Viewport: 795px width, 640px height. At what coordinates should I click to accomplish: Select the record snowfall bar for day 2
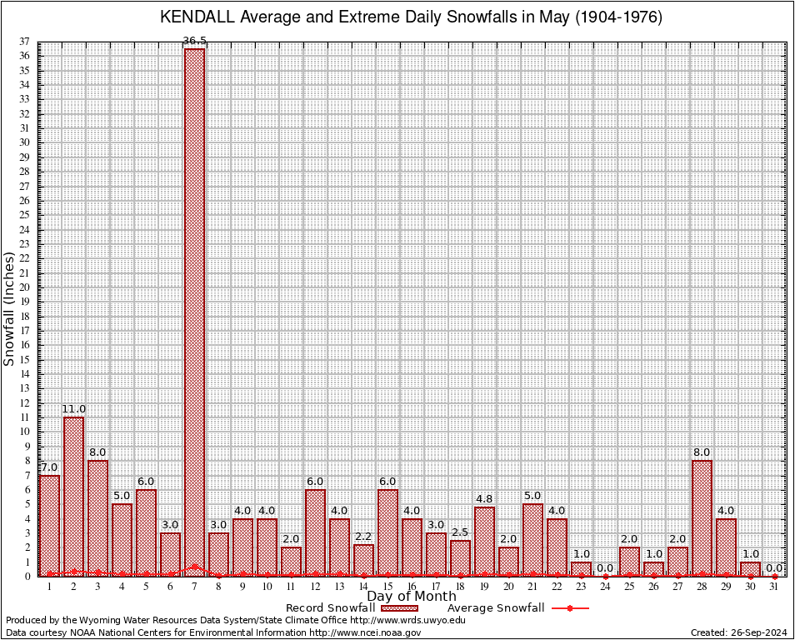click(x=73, y=496)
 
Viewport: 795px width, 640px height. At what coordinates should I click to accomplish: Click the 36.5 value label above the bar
click(x=194, y=41)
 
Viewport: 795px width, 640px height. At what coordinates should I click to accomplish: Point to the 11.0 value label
click(x=73, y=409)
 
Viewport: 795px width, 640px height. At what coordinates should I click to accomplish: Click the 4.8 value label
click(x=484, y=499)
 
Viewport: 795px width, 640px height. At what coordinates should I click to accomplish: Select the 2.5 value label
click(x=460, y=532)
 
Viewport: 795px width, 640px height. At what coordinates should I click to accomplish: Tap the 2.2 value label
click(x=363, y=537)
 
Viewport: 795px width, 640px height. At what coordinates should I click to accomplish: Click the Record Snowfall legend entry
click(x=349, y=607)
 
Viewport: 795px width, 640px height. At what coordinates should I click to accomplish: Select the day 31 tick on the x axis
click(x=774, y=587)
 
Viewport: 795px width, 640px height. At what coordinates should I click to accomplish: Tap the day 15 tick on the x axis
click(x=387, y=587)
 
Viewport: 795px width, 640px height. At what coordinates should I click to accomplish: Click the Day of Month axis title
click(x=411, y=597)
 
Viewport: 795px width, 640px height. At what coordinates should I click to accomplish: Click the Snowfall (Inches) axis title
click(x=9, y=308)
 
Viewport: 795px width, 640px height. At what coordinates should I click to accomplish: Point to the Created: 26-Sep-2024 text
click(x=739, y=633)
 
